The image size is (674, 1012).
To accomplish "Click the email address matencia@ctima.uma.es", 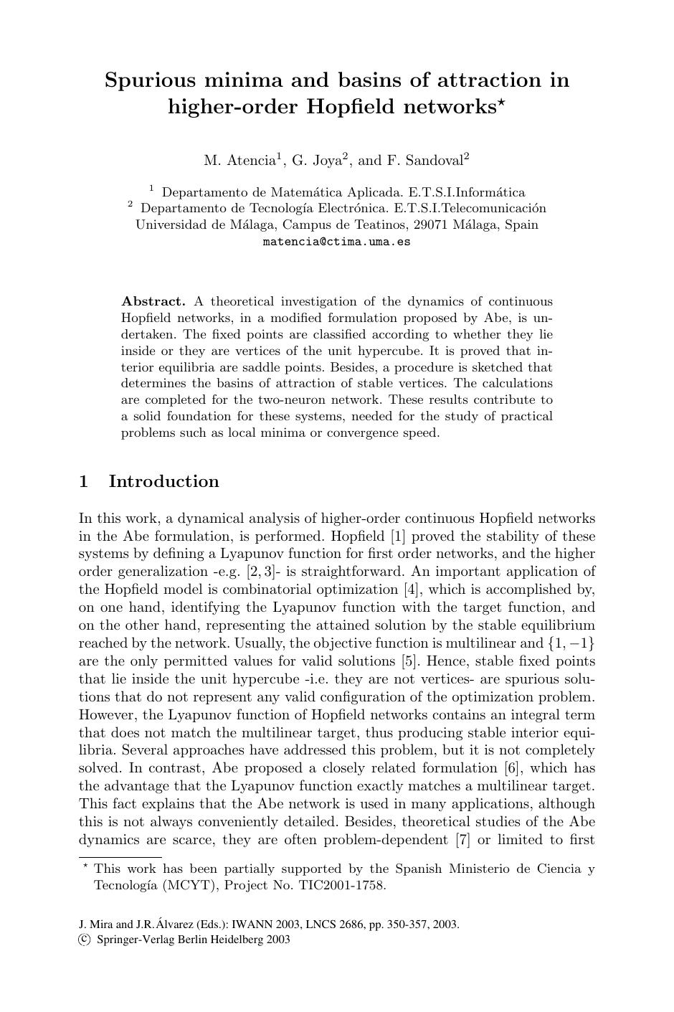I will click(337, 242).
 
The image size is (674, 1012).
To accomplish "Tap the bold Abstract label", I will click(153, 301).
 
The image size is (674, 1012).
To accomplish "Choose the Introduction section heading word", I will click(163, 481).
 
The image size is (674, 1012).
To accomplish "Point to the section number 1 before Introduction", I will click(84, 481).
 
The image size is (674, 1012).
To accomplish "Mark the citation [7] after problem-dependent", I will click(462, 839).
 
